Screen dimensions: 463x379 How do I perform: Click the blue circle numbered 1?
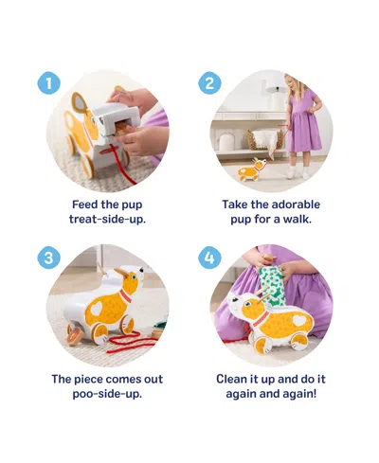pyautogui.click(x=48, y=83)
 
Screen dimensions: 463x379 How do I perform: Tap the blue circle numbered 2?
pyautogui.click(x=210, y=83)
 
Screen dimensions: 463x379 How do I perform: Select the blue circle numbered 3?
pyautogui.click(x=48, y=258)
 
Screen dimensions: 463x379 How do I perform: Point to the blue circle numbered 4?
pyautogui.click(x=210, y=258)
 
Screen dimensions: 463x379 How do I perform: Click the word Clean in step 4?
pyautogui.click(x=233, y=378)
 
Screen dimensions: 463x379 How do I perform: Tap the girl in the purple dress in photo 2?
pyautogui.click(x=302, y=128)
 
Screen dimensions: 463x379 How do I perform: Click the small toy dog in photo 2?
pyautogui.click(x=251, y=171)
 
